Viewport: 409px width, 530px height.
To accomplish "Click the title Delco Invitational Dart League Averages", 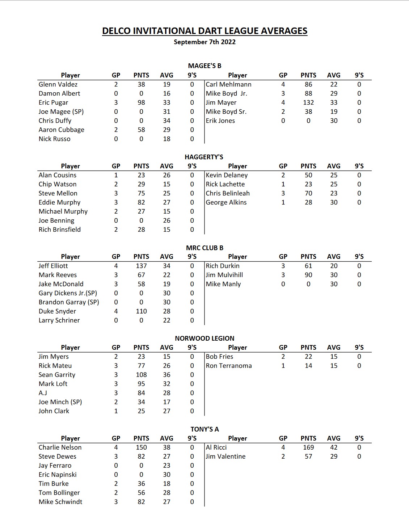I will point(204,31).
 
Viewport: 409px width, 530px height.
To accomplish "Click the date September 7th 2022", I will point(204,42).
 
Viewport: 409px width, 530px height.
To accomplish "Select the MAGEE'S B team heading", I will point(204,66).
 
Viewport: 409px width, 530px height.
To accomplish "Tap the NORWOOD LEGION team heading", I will point(204,338).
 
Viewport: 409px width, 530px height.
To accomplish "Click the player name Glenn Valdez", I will point(58,84).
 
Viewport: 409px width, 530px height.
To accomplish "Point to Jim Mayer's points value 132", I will point(308,102).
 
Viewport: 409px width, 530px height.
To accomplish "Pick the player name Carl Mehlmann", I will point(228,84).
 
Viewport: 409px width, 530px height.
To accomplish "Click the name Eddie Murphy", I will point(59,202).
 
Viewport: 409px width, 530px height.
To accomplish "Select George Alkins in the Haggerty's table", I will point(226,202).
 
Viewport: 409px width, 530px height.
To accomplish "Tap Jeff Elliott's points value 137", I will point(141,266).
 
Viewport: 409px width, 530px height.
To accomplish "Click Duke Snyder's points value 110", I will point(141,311).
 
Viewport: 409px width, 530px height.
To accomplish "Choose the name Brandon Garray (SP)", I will point(69,302).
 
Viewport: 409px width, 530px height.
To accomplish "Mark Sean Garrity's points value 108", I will point(141,375).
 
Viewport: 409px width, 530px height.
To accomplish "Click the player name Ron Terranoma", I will point(229,366).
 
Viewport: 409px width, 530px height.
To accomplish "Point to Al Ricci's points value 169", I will point(308,447).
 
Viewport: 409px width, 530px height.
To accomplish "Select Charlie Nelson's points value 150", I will point(141,447).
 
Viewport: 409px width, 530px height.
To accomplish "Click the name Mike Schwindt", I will point(60,502).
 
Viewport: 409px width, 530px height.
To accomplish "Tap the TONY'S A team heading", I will point(204,429).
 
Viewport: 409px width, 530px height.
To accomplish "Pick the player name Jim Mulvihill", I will point(224,275).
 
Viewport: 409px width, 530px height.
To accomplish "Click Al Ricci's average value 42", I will point(334,447).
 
